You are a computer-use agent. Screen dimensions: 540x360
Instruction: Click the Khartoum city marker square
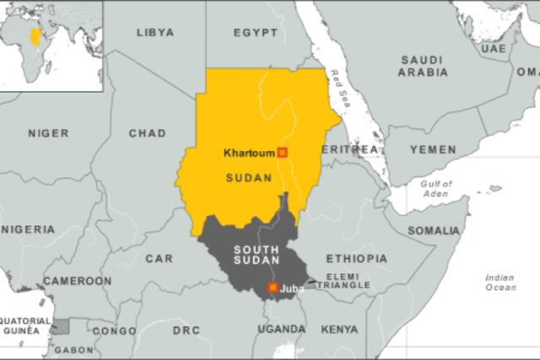tap(283, 153)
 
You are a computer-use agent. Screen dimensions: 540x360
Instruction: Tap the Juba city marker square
tap(273, 288)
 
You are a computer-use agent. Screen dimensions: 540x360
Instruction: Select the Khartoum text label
tap(249, 153)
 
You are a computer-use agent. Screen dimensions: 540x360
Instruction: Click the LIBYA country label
tap(154, 33)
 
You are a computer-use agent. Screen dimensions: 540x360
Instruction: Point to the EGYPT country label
tap(255, 33)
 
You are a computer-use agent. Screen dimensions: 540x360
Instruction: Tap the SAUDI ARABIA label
tap(423, 66)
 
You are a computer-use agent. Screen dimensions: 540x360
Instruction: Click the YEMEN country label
tap(432, 149)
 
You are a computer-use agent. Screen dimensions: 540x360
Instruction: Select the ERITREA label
tap(349, 149)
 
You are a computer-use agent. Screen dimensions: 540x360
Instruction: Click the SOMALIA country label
tap(434, 230)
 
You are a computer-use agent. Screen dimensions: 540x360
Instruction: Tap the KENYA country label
tap(339, 329)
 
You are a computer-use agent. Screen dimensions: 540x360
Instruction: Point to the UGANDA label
tap(282, 329)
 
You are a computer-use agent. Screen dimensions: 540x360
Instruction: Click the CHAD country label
tap(147, 133)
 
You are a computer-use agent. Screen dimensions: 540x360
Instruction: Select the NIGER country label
tap(48, 133)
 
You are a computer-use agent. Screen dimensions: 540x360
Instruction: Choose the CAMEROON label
tap(77, 281)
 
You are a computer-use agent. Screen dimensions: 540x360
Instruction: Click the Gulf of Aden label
tap(435, 189)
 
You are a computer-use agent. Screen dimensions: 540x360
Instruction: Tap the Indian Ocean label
tap(500, 282)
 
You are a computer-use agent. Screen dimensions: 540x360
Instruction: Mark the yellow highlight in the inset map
tap(35, 37)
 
